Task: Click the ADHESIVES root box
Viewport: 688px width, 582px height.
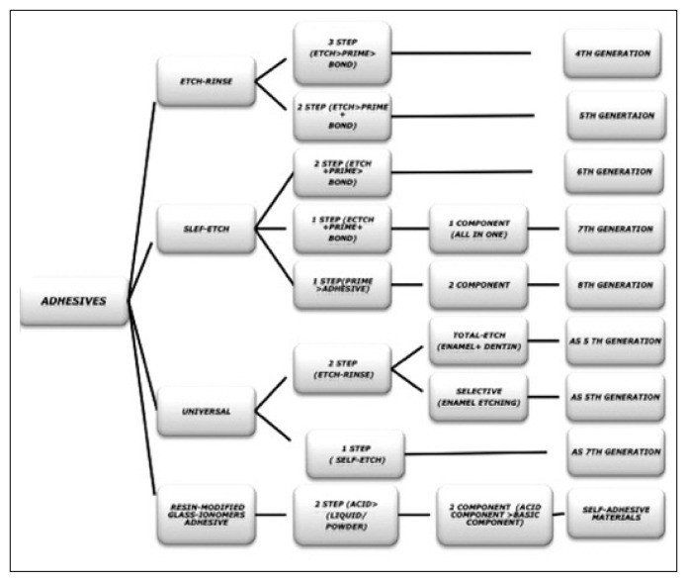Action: coord(74,301)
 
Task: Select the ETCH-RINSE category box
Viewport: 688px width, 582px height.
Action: coord(207,81)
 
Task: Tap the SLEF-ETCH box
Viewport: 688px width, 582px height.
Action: coord(207,229)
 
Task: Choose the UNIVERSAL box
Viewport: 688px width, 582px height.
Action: coord(207,412)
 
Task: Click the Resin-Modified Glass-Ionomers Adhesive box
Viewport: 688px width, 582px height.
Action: coord(207,515)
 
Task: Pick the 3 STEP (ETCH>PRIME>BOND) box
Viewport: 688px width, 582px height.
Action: coord(343,53)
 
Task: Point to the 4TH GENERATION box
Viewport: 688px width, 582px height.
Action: coord(613,53)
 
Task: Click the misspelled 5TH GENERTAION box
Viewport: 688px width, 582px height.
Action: coord(617,116)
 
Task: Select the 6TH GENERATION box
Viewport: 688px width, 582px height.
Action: coord(614,172)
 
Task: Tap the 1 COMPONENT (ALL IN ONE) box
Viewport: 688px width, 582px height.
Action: coord(478,229)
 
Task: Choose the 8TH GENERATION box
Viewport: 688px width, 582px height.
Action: coord(615,285)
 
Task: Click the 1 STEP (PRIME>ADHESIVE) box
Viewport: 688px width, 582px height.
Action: coord(343,285)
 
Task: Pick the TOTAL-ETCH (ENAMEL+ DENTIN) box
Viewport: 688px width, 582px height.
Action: coord(478,341)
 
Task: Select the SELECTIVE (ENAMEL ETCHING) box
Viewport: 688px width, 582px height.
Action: coord(478,397)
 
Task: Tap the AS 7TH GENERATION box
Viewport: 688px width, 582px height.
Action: coord(616,452)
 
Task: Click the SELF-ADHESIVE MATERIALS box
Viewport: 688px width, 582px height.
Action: coord(616,514)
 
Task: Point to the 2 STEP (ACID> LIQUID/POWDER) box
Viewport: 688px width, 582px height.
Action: coord(346,516)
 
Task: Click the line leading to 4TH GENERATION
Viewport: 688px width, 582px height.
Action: coord(462,53)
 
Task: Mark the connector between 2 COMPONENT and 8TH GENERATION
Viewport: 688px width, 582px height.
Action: coord(544,285)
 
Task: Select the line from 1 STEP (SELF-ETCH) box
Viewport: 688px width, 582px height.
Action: coord(475,453)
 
